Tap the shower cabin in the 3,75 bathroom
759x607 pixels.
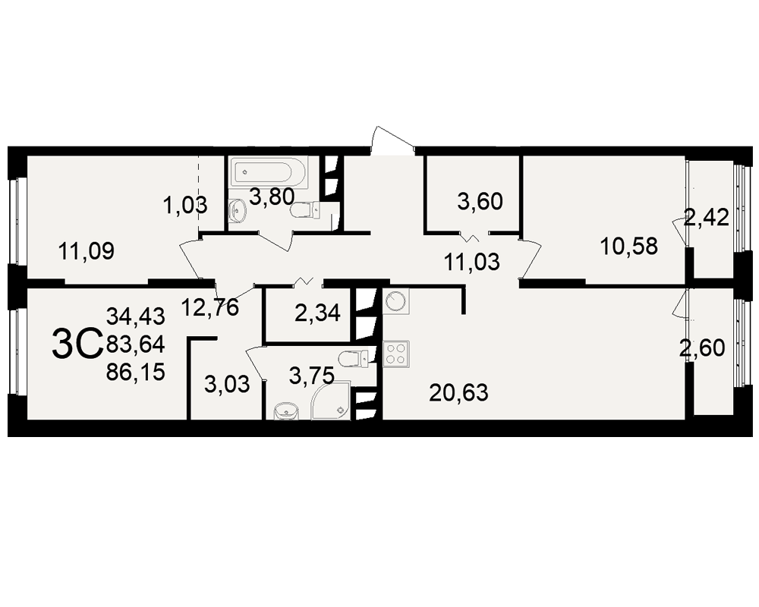pos(331,399)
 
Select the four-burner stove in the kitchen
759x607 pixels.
pos(396,354)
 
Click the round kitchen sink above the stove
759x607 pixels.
pos(396,301)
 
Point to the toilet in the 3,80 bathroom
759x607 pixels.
pos(305,210)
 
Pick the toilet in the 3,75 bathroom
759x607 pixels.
pos(354,358)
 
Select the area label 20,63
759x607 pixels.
pos(458,392)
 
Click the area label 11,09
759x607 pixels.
pos(87,251)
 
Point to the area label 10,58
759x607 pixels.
pos(628,247)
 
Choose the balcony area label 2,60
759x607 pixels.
pos(702,348)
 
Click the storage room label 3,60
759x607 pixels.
pos(480,201)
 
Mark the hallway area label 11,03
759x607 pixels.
pos(471,262)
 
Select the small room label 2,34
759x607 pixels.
pos(317,313)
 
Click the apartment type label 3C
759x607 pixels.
pos(77,344)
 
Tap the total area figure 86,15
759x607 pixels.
pos(136,373)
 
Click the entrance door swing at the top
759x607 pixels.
pos(392,140)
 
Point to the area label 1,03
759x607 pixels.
pos(185,205)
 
